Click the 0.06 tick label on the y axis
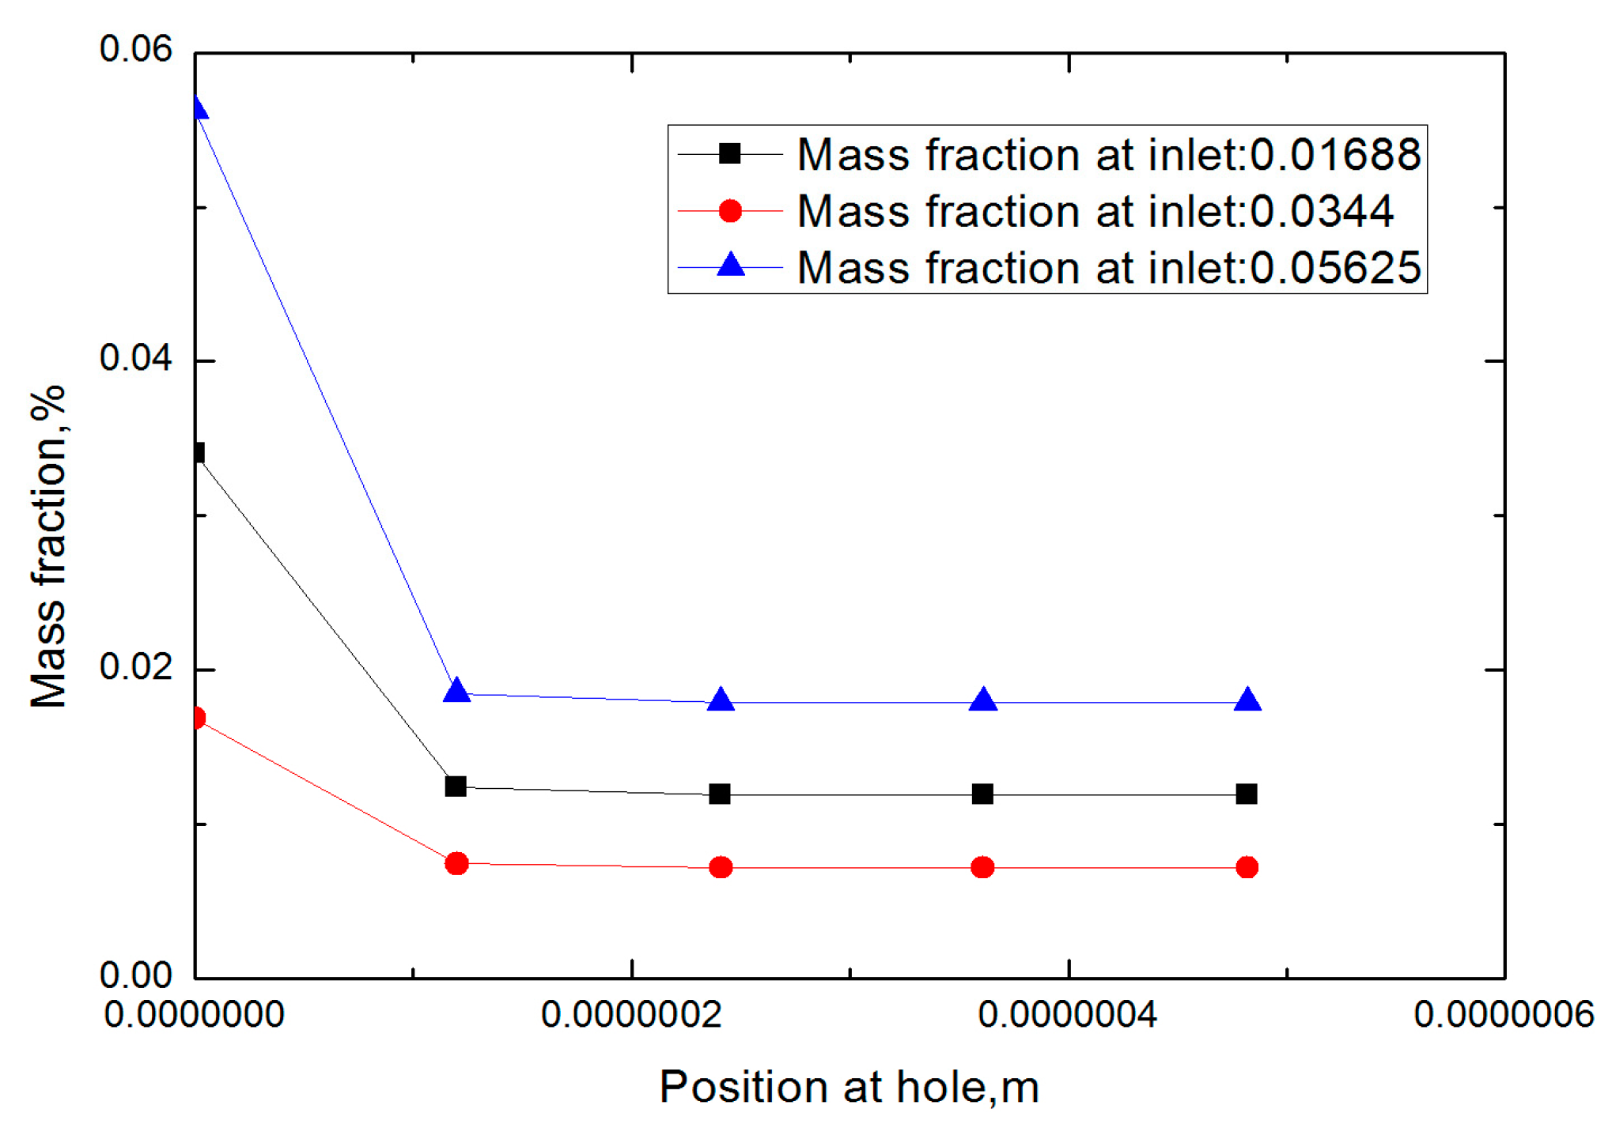point(135,49)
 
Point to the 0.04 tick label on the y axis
point(135,358)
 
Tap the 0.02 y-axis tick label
point(135,667)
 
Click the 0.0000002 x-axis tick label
point(631,1014)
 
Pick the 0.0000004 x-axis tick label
point(1068,1014)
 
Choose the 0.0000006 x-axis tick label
point(1504,1014)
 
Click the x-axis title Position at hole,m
point(849,1087)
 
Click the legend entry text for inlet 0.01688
point(1108,154)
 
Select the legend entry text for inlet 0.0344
point(1095,211)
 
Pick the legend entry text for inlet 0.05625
point(1108,268)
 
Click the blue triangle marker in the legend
point(730,265)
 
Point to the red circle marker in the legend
point(730,211)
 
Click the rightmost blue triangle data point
point(1247,700)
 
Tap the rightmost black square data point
point(1246,794)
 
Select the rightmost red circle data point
point(1247,867)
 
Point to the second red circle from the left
point(456,863)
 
